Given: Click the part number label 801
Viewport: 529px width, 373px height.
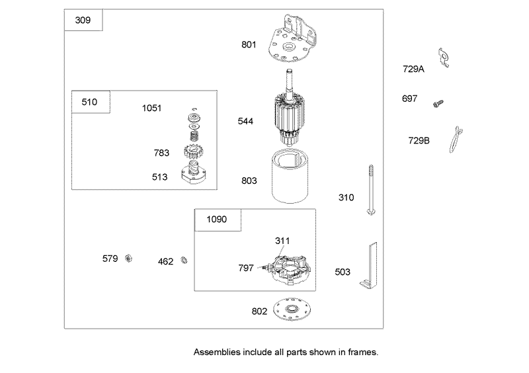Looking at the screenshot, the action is coord(249,44).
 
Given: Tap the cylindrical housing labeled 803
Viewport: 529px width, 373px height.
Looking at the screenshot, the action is coord(290,176).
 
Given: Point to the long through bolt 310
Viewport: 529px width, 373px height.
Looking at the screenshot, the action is coord(371,190).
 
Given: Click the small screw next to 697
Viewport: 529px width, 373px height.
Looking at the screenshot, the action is coord(438,103).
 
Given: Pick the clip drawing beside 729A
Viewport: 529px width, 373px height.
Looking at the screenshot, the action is coord(444,58).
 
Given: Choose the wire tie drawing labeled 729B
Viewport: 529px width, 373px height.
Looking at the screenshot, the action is coord(456,140).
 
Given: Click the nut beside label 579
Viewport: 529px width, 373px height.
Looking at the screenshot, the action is coord(128,259).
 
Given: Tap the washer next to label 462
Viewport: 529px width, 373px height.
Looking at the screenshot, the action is coord(184,261).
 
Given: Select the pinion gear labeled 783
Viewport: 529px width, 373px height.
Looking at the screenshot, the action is coord(194,151).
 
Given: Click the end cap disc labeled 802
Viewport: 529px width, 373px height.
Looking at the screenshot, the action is coord(292,309).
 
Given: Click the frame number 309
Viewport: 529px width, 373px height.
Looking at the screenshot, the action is coord(83,21).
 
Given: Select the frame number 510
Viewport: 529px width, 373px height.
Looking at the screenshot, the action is coord(89,102).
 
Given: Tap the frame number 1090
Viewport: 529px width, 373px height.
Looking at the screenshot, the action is coord(217,220).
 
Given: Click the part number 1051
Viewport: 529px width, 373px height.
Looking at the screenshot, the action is coord(152,108).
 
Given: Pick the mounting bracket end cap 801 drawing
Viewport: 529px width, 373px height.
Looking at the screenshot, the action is coord(293,38).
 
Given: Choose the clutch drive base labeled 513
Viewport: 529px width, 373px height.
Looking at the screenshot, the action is coord(194,172).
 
